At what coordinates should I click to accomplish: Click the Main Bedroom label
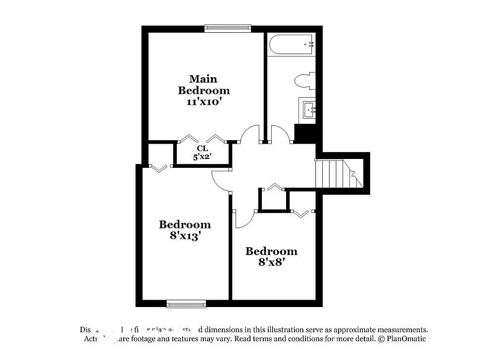(x=203, y=85)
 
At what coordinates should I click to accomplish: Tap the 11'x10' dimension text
(x=203, y=102)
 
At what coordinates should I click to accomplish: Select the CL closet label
(x=202, y=149)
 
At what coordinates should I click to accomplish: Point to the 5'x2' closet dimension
(x=202, y=157)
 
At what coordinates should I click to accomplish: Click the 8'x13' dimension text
(x=185, y=236)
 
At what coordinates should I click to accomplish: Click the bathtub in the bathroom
(x=291, y=45)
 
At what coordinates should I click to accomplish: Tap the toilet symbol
(x=304, y=81)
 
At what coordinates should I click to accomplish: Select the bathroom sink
(x=308, y=109)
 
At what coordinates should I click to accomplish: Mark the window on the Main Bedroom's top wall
(x=228, y=28)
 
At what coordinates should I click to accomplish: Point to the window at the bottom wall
(x=186, y=304)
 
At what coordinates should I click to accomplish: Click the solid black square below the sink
(x=304, y=133)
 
